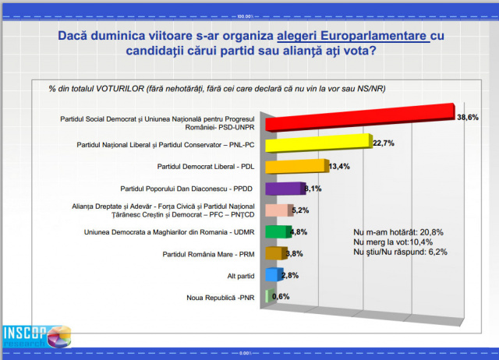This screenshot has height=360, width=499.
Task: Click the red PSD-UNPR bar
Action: (359, 117)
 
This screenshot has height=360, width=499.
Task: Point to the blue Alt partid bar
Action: (273, 274)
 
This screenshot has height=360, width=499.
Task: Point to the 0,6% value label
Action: (281, 296)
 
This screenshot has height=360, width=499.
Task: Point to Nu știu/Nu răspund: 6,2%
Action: (400, 252)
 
